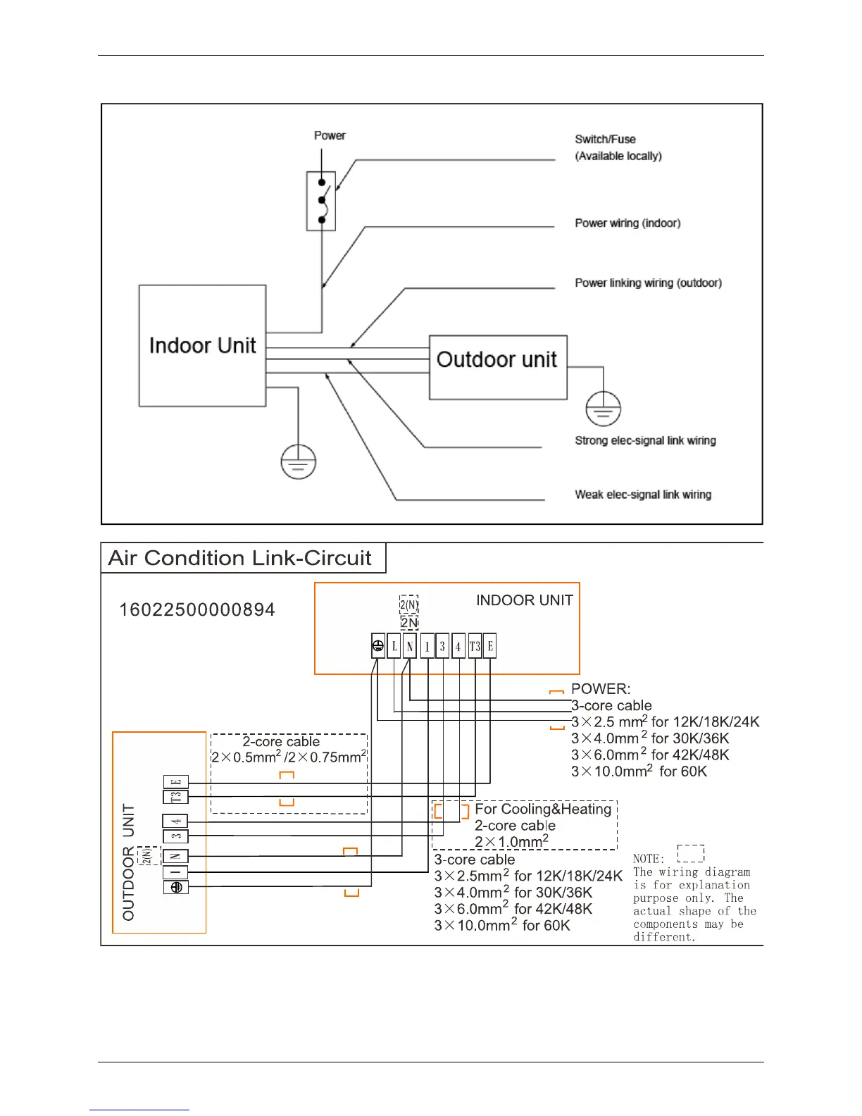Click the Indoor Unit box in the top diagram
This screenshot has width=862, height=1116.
202,345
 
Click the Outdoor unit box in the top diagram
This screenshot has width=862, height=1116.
497,366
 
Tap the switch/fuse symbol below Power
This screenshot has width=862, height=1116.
321,201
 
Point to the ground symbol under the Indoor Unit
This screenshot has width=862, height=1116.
298,462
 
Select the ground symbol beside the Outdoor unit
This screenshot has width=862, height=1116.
603,409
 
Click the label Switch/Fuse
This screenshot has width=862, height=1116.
605,139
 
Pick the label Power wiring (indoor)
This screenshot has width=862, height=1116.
627,223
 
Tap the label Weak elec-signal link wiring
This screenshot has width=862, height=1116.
643,495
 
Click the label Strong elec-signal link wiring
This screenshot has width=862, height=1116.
645,440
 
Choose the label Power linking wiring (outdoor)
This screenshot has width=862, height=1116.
648,283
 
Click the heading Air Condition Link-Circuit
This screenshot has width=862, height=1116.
239,558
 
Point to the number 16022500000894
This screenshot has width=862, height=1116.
197,610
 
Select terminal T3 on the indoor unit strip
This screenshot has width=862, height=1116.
475,646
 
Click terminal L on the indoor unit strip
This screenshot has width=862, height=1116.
394,646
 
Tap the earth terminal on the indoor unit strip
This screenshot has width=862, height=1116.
378,646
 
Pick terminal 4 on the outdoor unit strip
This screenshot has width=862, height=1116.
175,821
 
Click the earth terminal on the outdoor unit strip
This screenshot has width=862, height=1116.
175,888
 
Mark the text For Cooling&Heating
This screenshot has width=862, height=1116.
543,810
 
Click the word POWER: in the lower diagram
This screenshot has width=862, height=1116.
601,689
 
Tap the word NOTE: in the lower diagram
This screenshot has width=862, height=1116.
649,859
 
